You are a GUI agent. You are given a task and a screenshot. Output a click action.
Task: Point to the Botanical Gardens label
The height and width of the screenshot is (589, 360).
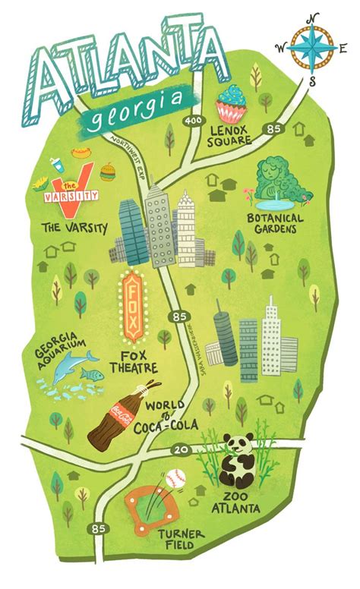click(274, 228)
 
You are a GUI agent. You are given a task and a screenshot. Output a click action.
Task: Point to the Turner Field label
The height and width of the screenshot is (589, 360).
click(181, 540)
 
